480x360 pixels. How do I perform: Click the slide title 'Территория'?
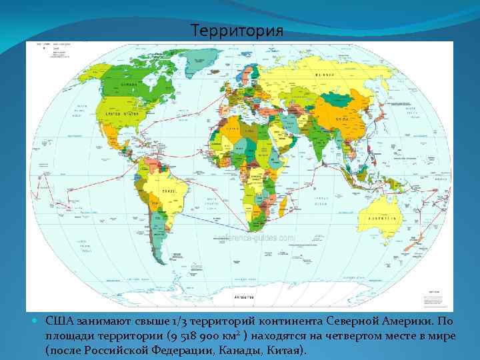pos(237,31)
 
